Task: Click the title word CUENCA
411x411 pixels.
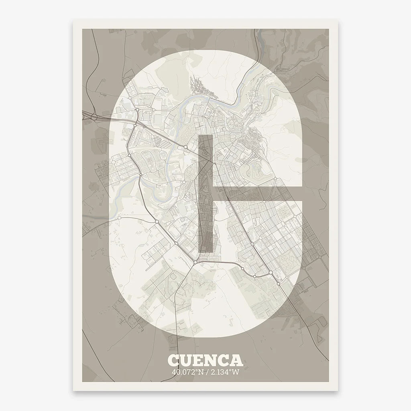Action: coord(205,360)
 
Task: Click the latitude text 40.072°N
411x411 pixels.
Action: coord(187,371)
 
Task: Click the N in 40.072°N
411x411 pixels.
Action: coord(199,371)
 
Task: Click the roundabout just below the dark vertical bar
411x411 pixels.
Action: coord(195,262)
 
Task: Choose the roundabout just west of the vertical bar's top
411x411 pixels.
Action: coord(186,148)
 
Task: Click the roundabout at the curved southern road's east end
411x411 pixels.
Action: coord(271,273)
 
